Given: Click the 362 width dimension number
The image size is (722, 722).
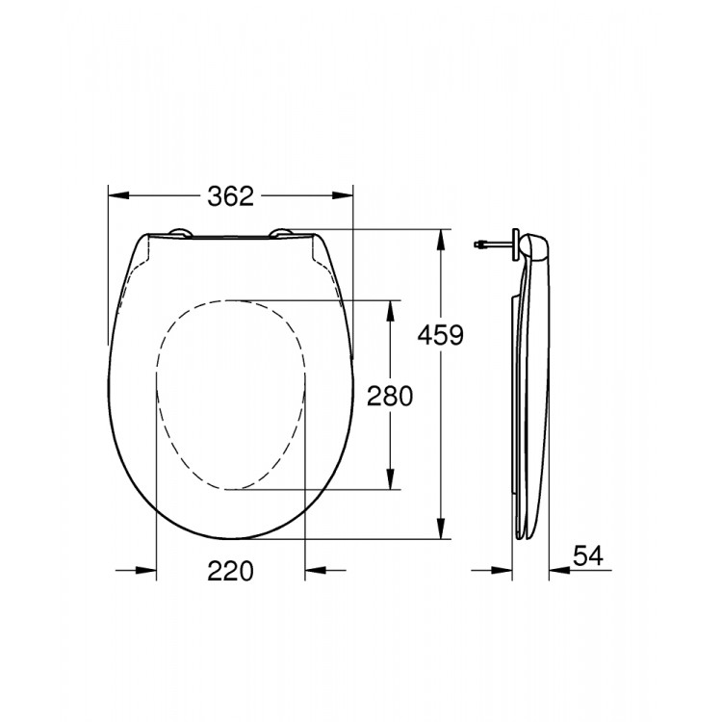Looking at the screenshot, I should [x=230, y=196].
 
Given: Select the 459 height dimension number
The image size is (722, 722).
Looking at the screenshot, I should [x=441, y=335].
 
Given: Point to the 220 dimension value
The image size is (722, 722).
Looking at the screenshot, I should [x=230, y=571].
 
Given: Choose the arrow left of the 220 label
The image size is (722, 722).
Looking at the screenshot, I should [x=144, y=571].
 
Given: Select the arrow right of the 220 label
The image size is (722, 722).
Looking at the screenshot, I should [x=316, y=571].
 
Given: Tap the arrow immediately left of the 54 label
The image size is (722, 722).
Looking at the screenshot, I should [x=560, y=571].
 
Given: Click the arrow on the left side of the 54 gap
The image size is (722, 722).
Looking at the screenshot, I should [x=501, y=571].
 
